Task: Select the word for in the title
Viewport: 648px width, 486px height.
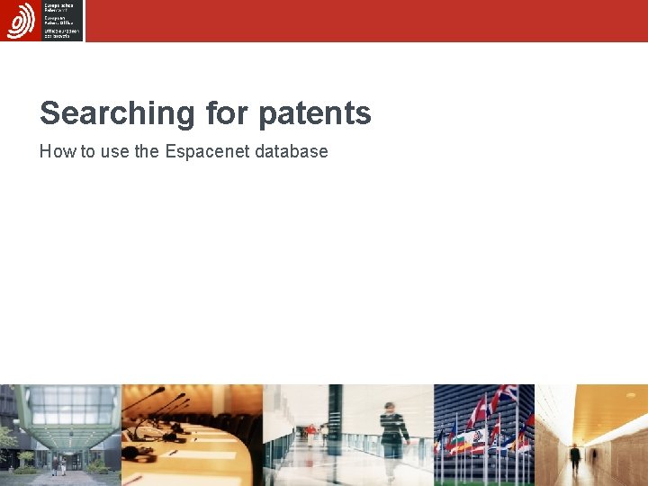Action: pos(225,113)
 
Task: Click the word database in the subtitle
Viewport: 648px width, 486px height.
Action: pos(291,151)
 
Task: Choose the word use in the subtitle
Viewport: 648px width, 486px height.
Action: pos(114,151)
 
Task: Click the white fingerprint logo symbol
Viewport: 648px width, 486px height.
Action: pos(21,20)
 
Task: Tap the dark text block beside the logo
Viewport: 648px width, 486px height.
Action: pos(61,20)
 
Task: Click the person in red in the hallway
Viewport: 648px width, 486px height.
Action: pos(311,435)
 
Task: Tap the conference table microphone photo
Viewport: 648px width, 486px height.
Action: pos(191,435)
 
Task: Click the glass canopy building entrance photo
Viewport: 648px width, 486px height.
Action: pos(59,435)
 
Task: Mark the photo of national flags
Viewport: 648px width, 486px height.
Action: pos(483,435)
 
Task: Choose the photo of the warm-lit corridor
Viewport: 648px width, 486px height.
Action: pos(591,435)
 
